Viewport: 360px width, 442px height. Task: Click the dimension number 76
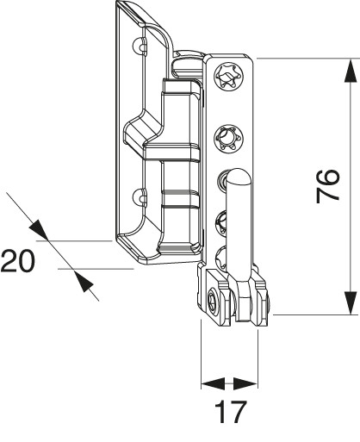(328, 186)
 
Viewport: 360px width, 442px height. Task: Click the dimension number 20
(18, 261)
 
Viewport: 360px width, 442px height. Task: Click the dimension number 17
(231, 412)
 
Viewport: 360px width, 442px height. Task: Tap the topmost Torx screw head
(229, 77)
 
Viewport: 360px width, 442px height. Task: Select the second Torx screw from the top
(229, 139)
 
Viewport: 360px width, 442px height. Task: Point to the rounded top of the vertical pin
(238, 176)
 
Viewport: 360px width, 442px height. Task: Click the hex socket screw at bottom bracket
(213, 302)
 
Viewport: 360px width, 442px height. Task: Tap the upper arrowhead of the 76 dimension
(351, 71)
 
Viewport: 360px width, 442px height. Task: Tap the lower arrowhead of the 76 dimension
(351, 302)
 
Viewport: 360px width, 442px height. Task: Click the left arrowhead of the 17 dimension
(213, 383)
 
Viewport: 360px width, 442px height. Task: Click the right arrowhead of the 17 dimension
(245, 383)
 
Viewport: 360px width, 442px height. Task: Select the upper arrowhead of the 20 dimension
(39, 230)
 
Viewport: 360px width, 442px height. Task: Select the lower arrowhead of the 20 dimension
(84, 281)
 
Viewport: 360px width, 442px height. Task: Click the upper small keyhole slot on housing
(140, 46)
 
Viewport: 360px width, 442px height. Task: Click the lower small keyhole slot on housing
(140, 197)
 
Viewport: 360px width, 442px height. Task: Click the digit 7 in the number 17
(238, 412)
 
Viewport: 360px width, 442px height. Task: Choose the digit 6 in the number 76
(328, 178)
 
